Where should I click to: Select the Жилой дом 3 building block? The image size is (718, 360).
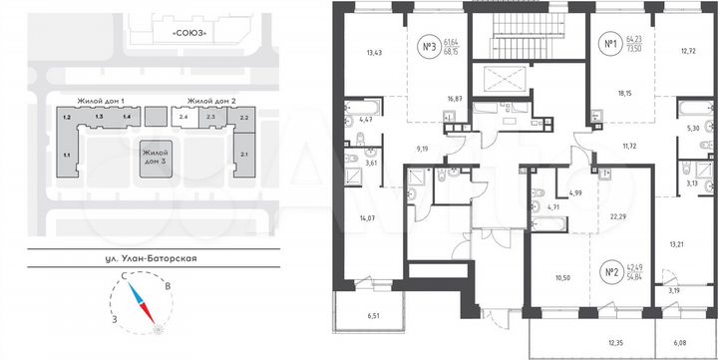[155, 159]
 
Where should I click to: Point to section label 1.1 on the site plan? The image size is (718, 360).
[66, 155]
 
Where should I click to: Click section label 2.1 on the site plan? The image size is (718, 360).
[243, 155]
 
